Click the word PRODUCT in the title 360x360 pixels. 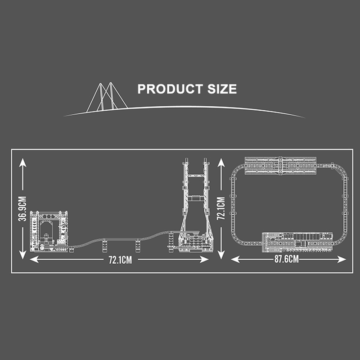click(170, 89)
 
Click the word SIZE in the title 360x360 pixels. click(222, 89)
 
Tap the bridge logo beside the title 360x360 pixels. click(107, 97)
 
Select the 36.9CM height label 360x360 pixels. click(22, 209)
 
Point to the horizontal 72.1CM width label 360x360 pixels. click(120, 260)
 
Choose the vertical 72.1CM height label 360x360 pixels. click(221, 208)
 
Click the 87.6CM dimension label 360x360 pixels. click(287, 259)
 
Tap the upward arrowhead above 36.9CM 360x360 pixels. click(22, 162)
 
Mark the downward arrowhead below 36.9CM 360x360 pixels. click(22, 255)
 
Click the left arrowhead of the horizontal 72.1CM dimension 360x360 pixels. click(34, 260)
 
